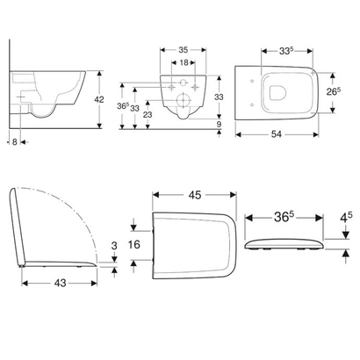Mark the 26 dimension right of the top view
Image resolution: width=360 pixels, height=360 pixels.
333,90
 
